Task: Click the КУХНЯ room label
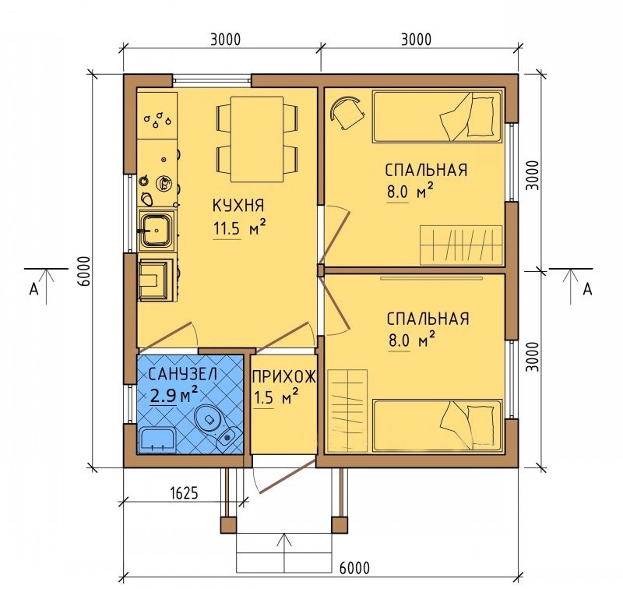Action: pos(238,206)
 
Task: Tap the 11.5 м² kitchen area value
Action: pos(240,228)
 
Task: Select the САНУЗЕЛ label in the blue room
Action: pos(183,374)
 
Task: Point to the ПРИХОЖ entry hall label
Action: pos(284,376)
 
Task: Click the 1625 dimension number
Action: pos(184,493)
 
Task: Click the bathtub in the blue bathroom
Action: pos(157,439)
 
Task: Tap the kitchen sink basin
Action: pos(157,231)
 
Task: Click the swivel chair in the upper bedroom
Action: pos(347,112)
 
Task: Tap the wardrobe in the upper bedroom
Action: pos(461,245)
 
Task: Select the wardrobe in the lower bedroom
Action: pos(347,411)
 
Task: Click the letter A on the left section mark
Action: pos(33,289)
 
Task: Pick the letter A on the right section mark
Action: pos(587,289)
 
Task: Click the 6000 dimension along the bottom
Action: pos(354,568)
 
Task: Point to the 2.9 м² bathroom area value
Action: pos(174,395)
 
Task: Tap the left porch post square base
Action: pos(228,525)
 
